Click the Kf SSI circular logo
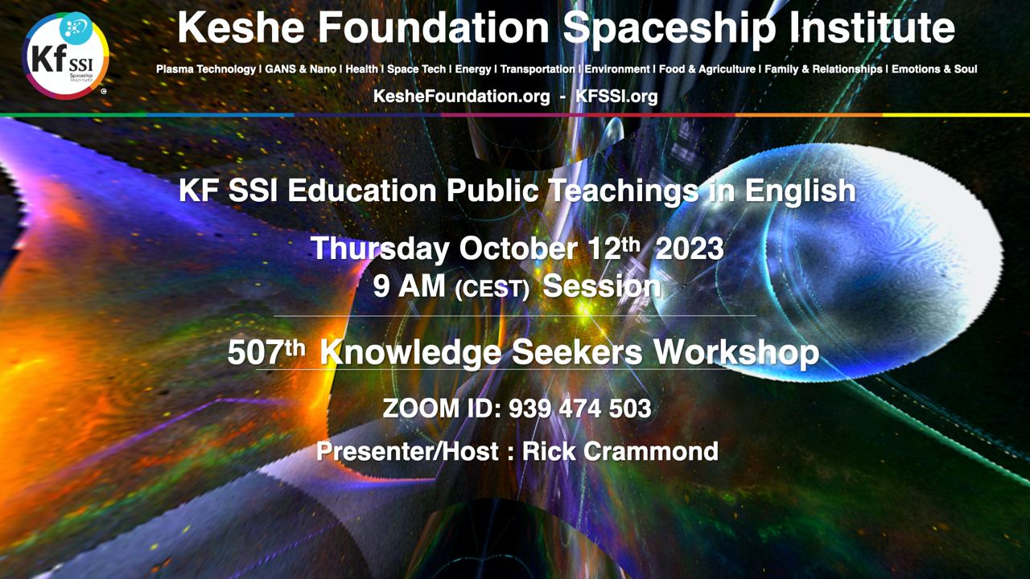(65, 55)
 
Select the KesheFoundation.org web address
(461, 96)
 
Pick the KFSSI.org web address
(616, 96)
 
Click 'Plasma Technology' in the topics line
(206, 69)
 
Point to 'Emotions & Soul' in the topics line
(934, 69)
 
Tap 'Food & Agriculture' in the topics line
(707, 69)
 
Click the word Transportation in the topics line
(538, 69)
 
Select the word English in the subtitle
(800, 191)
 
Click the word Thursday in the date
(380, 249)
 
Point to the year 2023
(690, 248)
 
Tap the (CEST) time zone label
(492, 289)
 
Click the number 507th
(266, 352)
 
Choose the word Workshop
(736, 354)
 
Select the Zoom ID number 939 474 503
(580, 409)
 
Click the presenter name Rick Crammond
(620, 451)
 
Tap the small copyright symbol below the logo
(104, 92)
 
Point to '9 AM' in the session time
(409, 286)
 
